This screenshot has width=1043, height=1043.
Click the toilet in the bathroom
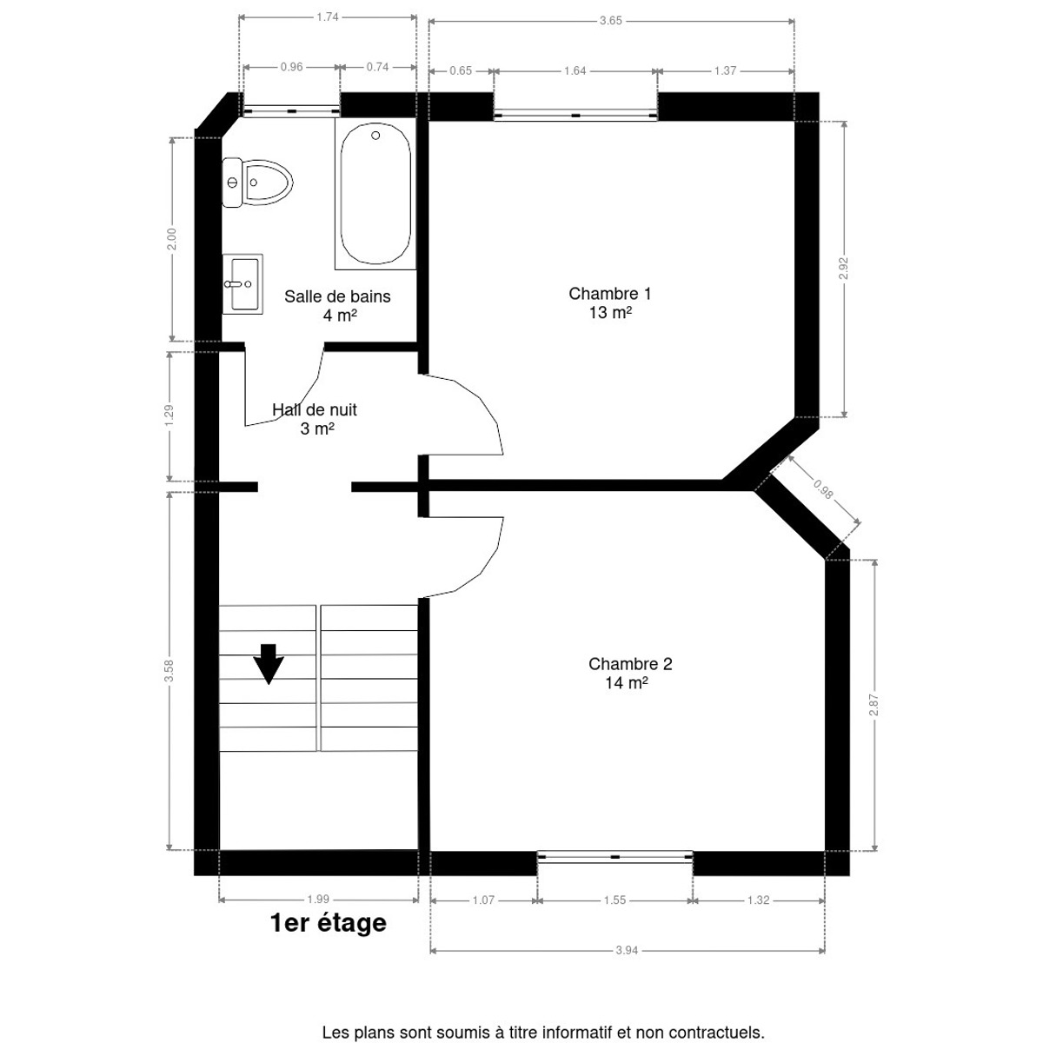(x=257, y=183)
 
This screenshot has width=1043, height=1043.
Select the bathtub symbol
(x=375, y=194)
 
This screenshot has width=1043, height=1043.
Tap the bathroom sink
(x=242, y=283)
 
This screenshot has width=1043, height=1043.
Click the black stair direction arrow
(x=269, y=663)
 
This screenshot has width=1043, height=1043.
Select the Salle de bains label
(x=337, y=296)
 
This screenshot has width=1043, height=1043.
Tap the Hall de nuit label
(x=315, y=409)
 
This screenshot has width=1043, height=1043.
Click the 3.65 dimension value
(x=610, y=21)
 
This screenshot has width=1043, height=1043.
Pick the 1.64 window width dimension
(x=575, y=71)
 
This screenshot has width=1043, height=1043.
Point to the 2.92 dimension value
(x=843, y=268)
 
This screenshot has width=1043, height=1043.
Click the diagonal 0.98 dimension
(x=823, y=490)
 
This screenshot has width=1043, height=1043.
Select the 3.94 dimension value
(x=627, y=950)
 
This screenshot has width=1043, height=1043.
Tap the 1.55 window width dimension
(x=615, y=900)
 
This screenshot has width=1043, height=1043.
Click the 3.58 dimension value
(x=169, y=670)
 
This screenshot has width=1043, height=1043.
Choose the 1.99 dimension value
(x=318, y=899)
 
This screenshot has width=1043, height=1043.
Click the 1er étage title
(x=328, y=923)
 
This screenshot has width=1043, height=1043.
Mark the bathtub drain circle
(x=375, y=136)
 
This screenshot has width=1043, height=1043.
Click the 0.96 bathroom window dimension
(x=291, y=67)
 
